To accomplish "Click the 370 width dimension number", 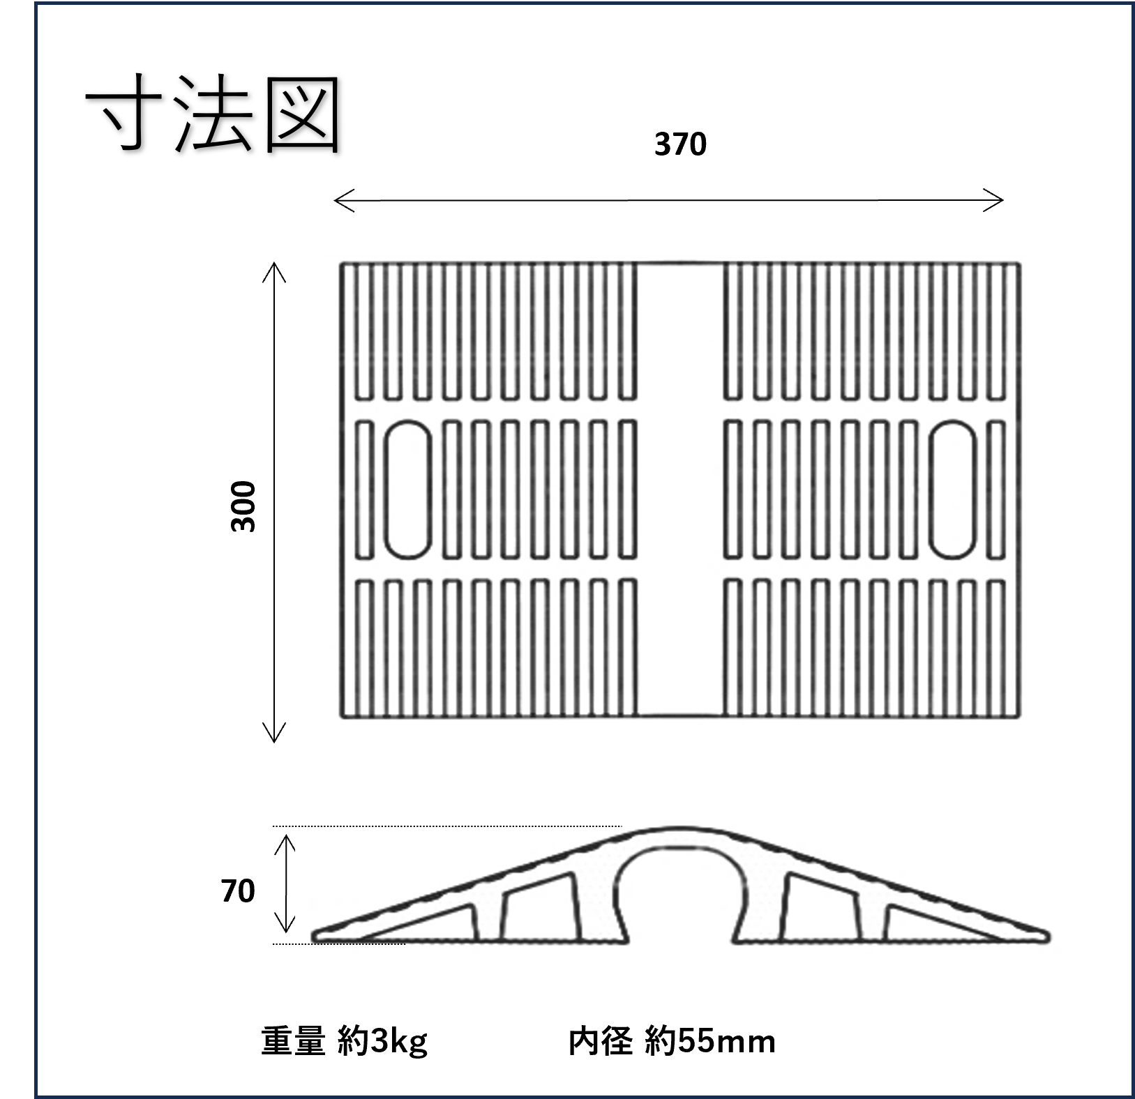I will (x=680, y=144).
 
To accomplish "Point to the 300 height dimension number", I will (x=244, y=506).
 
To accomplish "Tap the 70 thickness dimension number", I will (x=238, y=891).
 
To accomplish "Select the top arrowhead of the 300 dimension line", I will (x=274, y=268).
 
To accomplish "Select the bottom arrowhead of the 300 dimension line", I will (x=274, y=736).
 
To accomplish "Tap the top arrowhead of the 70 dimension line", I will (x=285, y=841).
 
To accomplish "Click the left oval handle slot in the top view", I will (x=408, y=490).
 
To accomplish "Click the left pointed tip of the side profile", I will (x=317, y=936).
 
